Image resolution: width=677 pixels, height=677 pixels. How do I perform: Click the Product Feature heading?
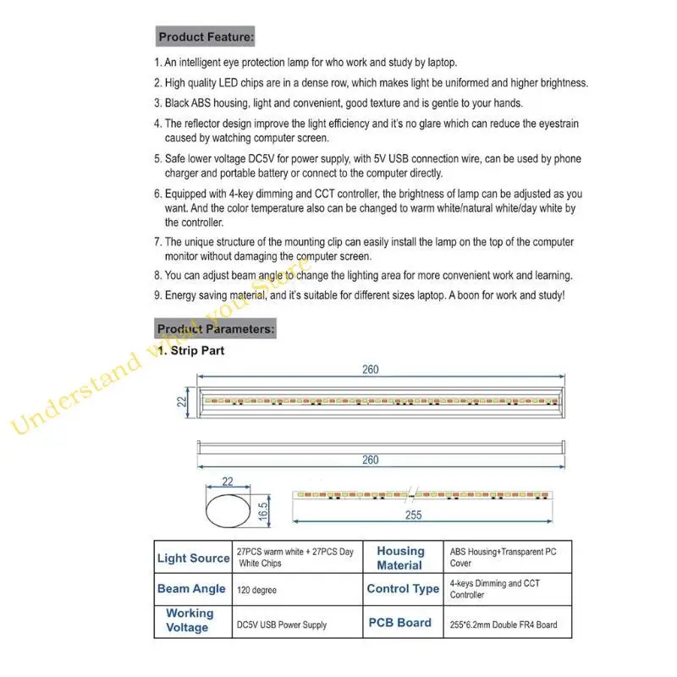(x=206, y=37)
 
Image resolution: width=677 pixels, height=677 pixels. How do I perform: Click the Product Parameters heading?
(x=215, y=328)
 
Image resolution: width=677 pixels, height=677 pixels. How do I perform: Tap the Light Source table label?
(x=193, y=559)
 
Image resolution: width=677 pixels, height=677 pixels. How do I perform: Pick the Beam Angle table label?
(x=191, y=589)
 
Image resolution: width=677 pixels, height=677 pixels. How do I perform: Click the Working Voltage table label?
(x=190, y=620)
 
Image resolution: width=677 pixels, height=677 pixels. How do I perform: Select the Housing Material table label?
(x=400, y=559)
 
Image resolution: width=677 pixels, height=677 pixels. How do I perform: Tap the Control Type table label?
(x=403, y=589)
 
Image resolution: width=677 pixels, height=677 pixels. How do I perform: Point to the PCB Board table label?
(x=399, y=623)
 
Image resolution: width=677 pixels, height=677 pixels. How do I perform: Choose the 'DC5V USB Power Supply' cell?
(x=281, y=625)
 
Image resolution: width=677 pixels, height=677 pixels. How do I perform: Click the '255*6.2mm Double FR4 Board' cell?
(x=504, y=625)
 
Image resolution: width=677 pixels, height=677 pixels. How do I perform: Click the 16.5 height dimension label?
(x=263, y=510)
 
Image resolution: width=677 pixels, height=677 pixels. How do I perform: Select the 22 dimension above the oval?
(x=226, y=482)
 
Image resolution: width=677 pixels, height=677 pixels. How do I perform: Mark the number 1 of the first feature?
(x=157, y=63)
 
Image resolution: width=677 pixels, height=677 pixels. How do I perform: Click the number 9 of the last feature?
(x=157, y=295)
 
